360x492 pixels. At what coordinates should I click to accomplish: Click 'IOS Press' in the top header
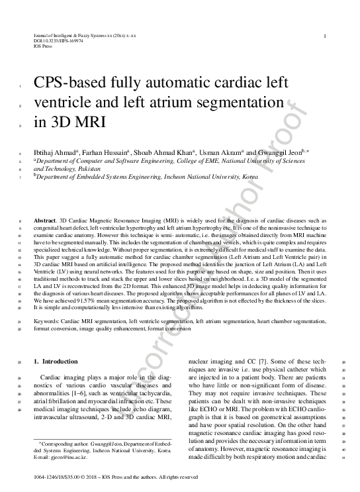(43, 46)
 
